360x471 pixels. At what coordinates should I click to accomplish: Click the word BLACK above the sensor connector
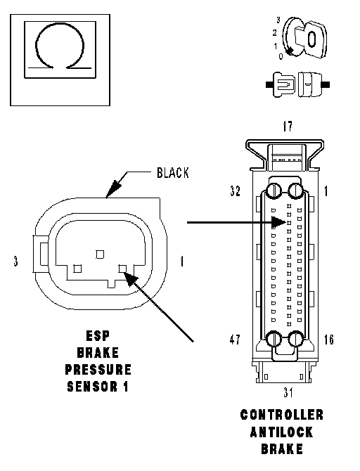click(x=173, y=173)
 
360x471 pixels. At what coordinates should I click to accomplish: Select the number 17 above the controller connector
click(x=288, y=127)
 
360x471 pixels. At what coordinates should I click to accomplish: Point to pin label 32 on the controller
click(x=236, y=191)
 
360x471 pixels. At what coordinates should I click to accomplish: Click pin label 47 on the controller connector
click(x=235, y=340)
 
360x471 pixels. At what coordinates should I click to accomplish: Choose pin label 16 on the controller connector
click(x=329, y=340)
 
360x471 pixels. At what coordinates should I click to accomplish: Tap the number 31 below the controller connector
click(x=288, y=392)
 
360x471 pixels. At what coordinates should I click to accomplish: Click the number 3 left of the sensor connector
click(x=15, y=261)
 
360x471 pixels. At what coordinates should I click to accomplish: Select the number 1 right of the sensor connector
click(x=182, y=261)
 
